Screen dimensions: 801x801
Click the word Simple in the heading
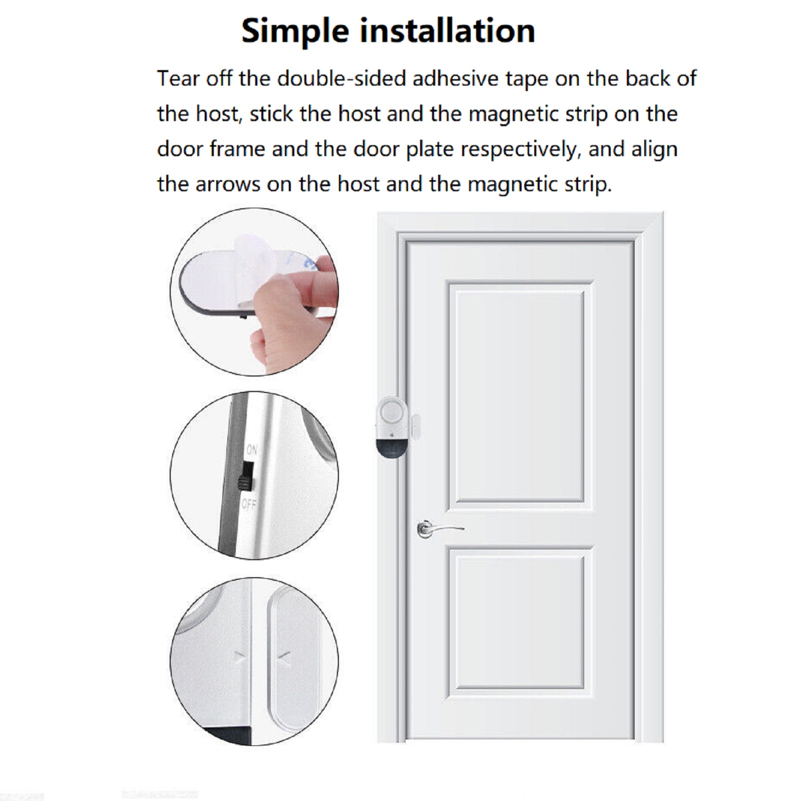click(x=295, y=32)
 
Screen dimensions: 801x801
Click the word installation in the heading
click(x=448, y=31)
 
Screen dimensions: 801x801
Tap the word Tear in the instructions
click(x=178, y=79)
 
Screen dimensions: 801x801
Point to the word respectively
click(x=521, y=150)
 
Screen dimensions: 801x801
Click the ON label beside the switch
click(x=252, y=450)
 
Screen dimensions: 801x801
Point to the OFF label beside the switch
click(x=249, y=504)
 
